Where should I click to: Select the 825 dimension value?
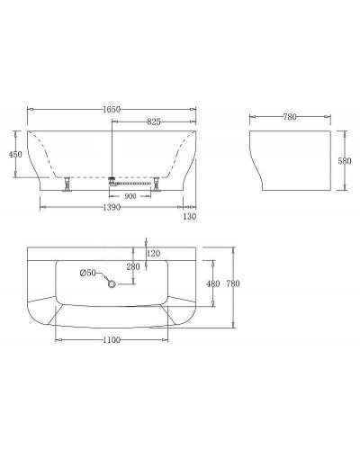(151, 121)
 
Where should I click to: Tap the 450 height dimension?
(14, 155)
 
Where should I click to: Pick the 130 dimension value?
(189, 217)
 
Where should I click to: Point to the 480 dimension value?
(213, 284)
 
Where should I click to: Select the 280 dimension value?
(133, 267)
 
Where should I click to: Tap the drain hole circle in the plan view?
(112, 284)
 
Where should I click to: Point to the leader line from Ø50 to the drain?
(102, 278)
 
